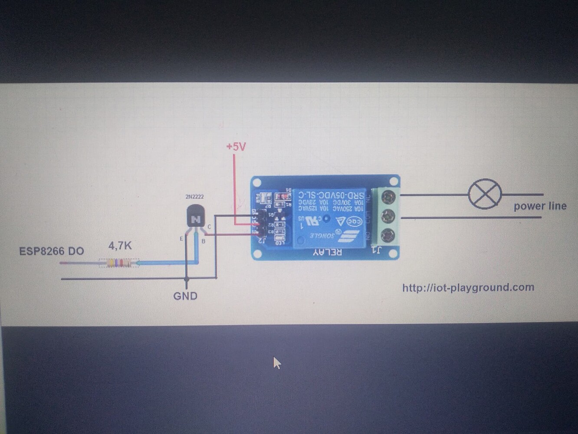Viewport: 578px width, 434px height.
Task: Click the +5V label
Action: click(236, 147)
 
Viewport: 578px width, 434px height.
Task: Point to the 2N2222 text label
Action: click(194, 197)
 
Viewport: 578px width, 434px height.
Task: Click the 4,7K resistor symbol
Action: click(119, 263)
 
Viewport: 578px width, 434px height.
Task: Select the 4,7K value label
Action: click(120, 246)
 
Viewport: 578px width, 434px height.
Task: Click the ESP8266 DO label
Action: click(52, 251)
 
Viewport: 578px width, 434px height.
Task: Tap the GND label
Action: click(185, 296)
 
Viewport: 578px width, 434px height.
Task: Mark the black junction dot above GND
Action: click(187, 279)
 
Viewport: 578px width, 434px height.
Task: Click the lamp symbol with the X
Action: click(485, 194)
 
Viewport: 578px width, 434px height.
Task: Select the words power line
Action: click(540, 206)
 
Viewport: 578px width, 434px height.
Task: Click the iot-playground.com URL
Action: click(468, 287)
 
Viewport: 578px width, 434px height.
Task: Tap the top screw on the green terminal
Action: click(388, 197)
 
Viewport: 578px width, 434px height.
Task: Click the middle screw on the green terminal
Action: click(388, 216)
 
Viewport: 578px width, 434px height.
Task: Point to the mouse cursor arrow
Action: click(277, 363)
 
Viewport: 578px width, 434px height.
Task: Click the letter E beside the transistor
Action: click(181, 239)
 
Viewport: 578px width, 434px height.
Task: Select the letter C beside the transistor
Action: click(209, 227)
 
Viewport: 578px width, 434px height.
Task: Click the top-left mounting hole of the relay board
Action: click(257, 182)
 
